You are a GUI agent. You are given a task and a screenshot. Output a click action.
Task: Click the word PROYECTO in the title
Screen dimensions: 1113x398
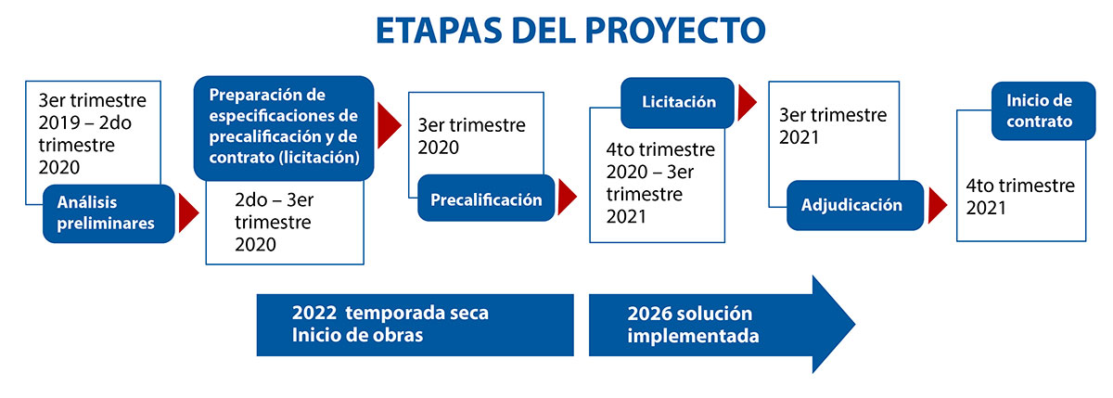pyautogui.click(x=676, y=31)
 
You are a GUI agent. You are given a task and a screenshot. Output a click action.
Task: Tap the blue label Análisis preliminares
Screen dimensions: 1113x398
pyautogui.click(x=109, y=213)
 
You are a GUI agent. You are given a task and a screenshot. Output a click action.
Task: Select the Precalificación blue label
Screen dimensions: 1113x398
pyautogui.click(x=486, y=199)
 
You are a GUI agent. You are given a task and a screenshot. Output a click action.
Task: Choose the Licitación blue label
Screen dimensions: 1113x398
pyautogui.click(x=678, y=102)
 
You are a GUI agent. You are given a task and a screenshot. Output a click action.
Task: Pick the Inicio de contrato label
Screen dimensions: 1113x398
pyautogui.click(x=1043, y=110)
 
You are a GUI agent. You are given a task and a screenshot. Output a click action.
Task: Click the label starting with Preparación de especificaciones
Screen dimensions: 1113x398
pyautogui.click(x=284, y=128)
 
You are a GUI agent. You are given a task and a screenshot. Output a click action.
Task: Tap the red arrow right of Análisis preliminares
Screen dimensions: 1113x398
pyautogui.click(x=189, y=213)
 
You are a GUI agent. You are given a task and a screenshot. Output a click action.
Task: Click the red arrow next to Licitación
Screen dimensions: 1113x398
pyautogui.click(x=748, y=103)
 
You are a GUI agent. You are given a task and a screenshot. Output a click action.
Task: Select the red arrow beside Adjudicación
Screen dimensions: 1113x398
pyautogui.click(x=938, y=205)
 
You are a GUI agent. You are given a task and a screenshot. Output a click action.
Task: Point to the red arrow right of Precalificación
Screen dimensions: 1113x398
pyautogui.click(x=568, y=198)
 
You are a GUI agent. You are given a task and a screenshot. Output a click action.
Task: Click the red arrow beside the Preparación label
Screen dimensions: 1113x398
pyautogui.click(x=389, y=125)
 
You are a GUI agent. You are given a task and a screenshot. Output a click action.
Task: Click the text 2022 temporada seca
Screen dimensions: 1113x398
pyautogui.click(x=390, y=313)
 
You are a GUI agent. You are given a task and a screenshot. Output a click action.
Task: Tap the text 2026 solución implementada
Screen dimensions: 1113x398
pyautogui.click(x=693, y=325)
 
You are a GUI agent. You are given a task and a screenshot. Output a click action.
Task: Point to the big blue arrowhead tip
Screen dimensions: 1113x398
pyautogui.click(x=855, y=324)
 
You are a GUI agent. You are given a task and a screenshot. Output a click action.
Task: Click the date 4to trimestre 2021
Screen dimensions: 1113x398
pyautogui.click(x=1020, y=197)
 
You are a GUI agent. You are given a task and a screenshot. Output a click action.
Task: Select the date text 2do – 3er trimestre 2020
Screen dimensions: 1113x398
pyautogui.click(x=274, y=222)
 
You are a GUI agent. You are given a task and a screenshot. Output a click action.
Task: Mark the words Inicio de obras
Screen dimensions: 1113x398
pyautogui.click(x=357, y=335)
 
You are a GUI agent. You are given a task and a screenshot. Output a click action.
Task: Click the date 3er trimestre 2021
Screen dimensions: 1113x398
pyautogui.click(x=833, y=126)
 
